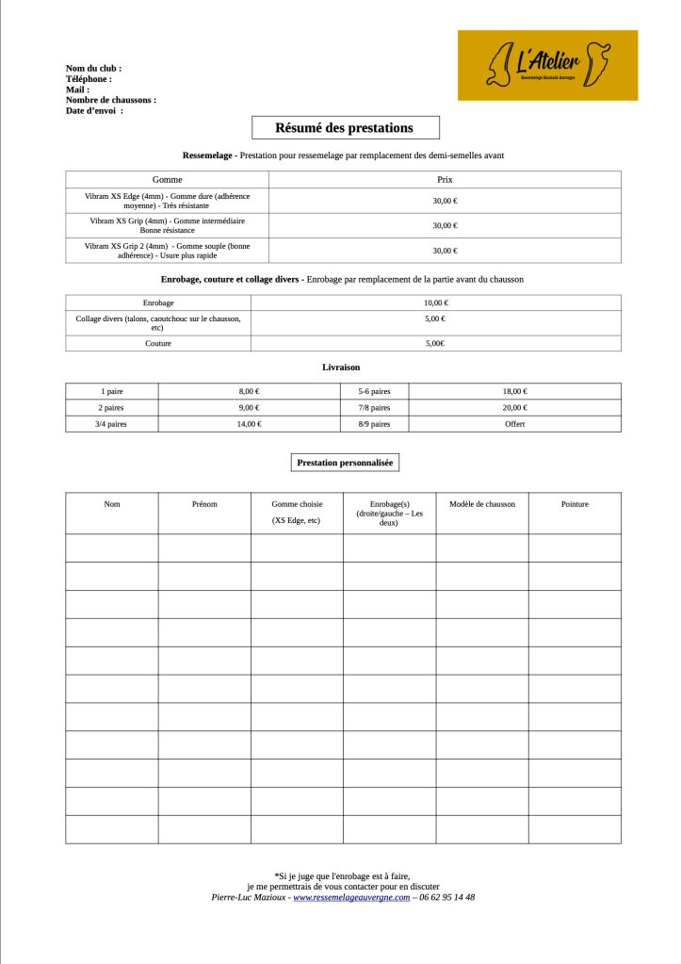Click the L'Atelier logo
click(x=547, y=64)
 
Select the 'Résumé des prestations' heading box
click(x=345, y=127)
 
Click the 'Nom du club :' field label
click(x=93, y=69)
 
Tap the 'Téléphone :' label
click(x=89, y=79)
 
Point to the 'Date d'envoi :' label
click(x=94, y=110)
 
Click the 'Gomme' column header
click(x=167, y=179)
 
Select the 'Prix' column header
click(x=445, y=179)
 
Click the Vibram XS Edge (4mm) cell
click(x=167, y=200)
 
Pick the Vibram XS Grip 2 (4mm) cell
click(x=167, y=250)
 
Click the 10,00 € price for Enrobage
click(x=435, y=302)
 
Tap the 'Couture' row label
click(x=157, y=343)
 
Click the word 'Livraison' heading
click(x=341, y=367)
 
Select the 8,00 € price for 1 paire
click(x=249, y=391)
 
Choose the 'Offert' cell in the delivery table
click(x=514, y=424)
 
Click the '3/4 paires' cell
click(x=112, y=424)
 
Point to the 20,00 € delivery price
click(x=514, y=407)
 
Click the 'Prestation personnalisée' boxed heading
click(x=345, y=463)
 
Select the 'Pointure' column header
click(x=575, y=504)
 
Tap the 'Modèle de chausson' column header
click(x=482, y=504)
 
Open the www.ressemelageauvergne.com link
click(x=351, y=897)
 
